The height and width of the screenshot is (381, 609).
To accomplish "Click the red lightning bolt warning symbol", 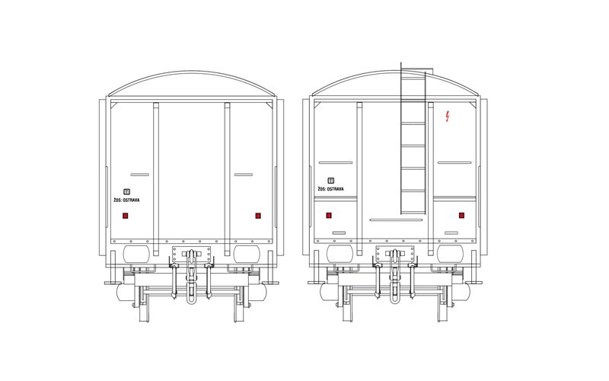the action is tap(448, 117).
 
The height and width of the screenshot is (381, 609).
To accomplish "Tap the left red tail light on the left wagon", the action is tap(125, 216).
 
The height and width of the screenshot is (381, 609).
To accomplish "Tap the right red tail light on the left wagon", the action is tap(258, 216).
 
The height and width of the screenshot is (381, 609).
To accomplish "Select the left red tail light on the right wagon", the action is tap(329, 216).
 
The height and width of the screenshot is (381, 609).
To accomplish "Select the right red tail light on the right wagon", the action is tap(461, 216).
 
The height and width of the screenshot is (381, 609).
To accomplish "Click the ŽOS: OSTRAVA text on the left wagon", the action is tap(126, 200).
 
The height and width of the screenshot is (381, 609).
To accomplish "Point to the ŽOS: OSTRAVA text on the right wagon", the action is tap(330, 189).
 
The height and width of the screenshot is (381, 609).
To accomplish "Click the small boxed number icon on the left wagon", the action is tap(126, 192).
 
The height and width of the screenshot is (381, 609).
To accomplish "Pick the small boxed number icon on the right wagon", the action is tap(331, 181).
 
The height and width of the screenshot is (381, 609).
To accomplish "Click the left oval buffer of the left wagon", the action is tap(136, 255).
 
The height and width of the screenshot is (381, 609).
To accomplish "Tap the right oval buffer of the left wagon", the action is tap(247, 255).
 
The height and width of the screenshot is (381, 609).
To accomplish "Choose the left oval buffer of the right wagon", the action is tap(340, 255).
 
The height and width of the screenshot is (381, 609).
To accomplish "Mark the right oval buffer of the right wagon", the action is tap(450, 255).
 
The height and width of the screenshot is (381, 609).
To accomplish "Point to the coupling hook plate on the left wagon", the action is tap(192, 255).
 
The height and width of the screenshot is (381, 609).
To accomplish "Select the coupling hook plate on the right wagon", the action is tap(395, 255).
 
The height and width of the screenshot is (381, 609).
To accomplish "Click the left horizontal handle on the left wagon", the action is tap(140, 174).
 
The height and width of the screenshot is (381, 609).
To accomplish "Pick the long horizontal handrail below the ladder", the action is tap(396, 220).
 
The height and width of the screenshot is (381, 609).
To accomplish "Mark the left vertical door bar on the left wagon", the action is tap(156, 179).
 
